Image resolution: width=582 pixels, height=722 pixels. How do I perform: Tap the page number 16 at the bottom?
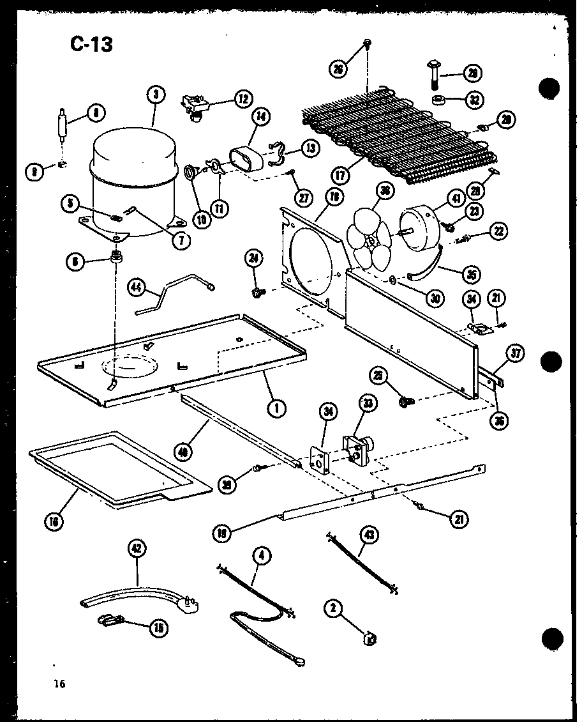(x=59, y=684)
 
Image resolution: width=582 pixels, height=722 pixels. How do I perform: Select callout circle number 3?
(x=155, y=95)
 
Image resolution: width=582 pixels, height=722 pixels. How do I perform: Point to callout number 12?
(x=243, y=99)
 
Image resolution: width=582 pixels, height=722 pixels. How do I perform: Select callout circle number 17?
(x=340, y=173)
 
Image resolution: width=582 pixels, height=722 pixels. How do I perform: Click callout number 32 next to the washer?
(x=474, y=100)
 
